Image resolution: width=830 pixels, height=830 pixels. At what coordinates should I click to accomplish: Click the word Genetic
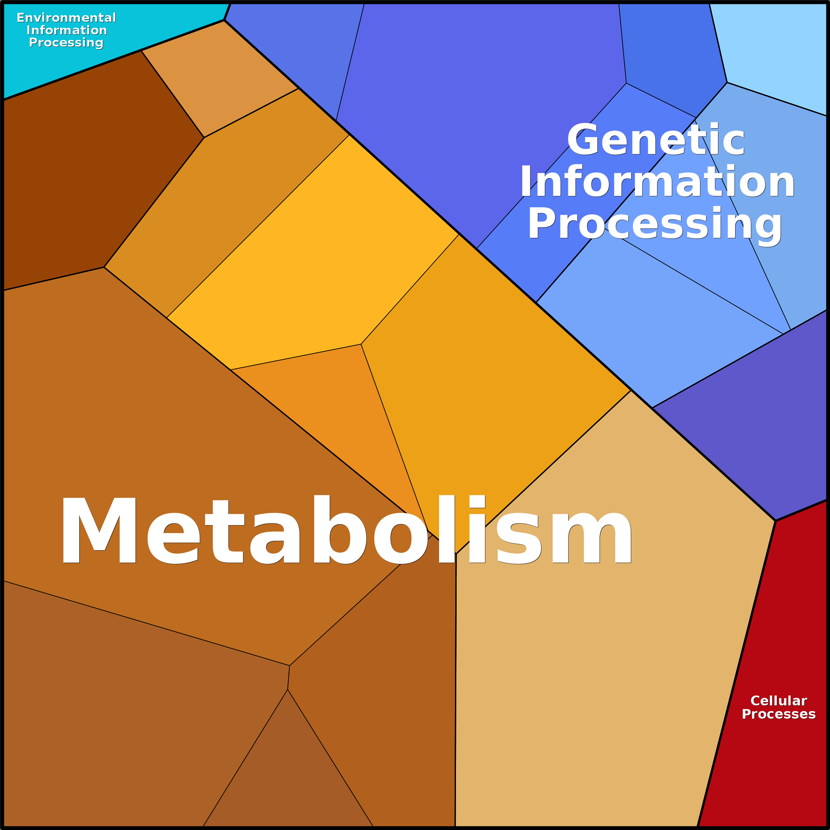pyautogui.click(x=656, y=140)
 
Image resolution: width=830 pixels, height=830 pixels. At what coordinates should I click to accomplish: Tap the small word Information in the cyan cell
pyautogui.click(x=67, y=30)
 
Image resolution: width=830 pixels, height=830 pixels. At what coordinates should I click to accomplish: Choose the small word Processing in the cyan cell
pyautogui.click(x=66, y=43)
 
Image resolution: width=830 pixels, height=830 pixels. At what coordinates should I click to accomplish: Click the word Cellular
pyautogui.click(x=778, y=701)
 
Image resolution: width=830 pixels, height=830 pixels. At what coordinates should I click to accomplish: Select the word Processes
pyautogui.click(x=778, y=714)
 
